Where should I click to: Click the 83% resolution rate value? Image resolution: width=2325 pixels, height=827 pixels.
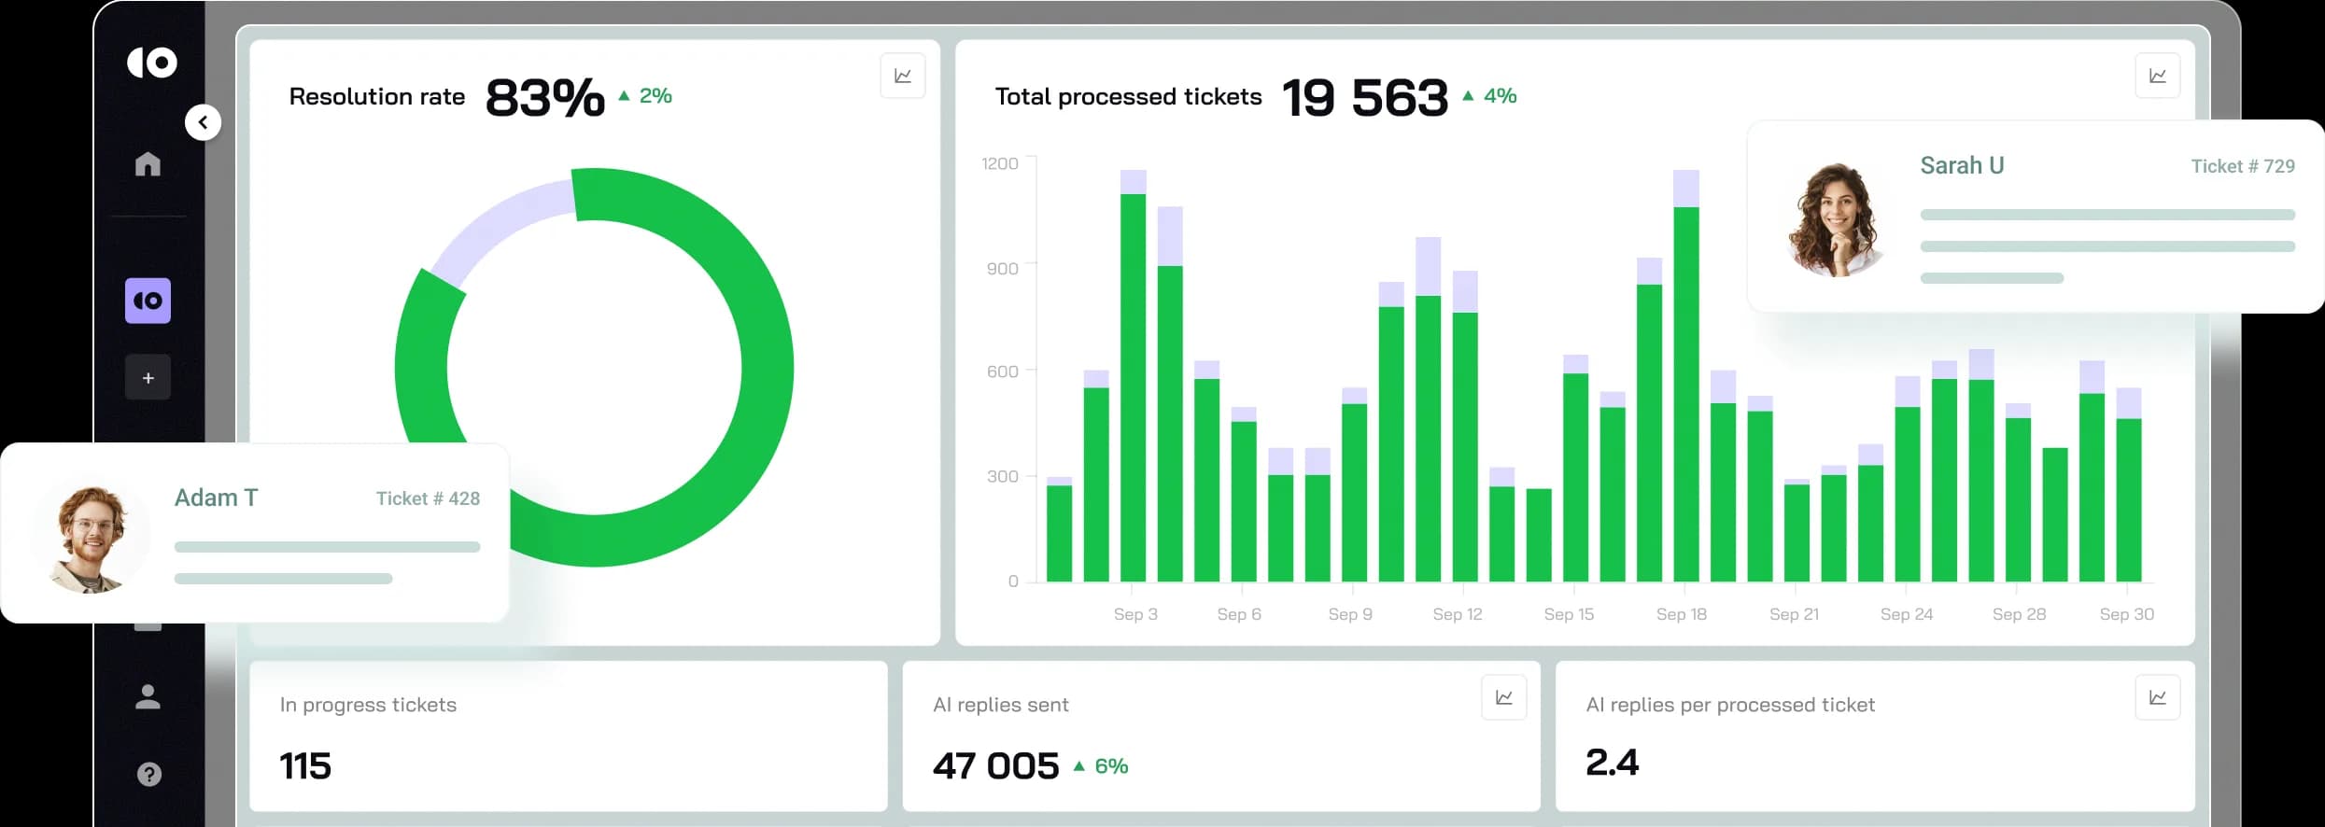coord(545,97)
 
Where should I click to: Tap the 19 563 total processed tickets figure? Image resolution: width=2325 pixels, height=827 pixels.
coord(1365,97)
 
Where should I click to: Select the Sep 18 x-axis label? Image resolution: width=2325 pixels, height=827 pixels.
coord(1681,614)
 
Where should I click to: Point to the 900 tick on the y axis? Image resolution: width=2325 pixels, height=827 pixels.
coord(1002,269)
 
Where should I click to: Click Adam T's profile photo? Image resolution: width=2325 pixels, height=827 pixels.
coord(90,539)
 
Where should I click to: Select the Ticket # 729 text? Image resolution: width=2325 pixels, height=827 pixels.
coord(2242,166)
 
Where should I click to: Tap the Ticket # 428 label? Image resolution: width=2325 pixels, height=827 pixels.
coord(428,498)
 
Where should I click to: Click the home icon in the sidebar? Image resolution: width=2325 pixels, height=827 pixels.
coord(148,164)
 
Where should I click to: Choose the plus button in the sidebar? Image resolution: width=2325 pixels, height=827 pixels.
coord(148,378)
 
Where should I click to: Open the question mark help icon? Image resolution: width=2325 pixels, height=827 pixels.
coord(148,774)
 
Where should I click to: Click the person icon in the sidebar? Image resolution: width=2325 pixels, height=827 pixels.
coord(148,696)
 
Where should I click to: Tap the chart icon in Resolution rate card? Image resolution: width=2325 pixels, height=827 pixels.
coord(902,76)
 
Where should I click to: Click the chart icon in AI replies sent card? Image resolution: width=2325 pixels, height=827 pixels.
coord(1503,697)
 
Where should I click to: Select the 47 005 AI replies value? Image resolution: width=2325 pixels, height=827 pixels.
coord(995,766)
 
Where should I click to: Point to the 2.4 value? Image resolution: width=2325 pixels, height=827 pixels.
coord(1612,763)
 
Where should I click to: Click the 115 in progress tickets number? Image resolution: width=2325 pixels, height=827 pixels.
coord(305,766)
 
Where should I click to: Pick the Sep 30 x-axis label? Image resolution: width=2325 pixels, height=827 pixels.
coord(2126,614)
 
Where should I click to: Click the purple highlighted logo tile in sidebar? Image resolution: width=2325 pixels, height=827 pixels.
coord(148,301)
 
